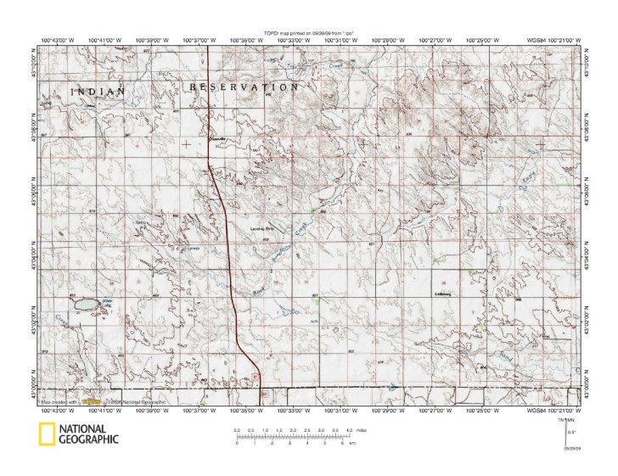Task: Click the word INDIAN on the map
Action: pyautogui.click(x=98, y=91)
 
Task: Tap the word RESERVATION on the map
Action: pyautogui.click(x=244, y=87)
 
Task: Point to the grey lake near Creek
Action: pyautogui.click(x=85, y=304)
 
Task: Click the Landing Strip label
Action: pyautogui.click(x=263, y=228)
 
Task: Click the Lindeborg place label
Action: pyautogui.click(x=446, y=294)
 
